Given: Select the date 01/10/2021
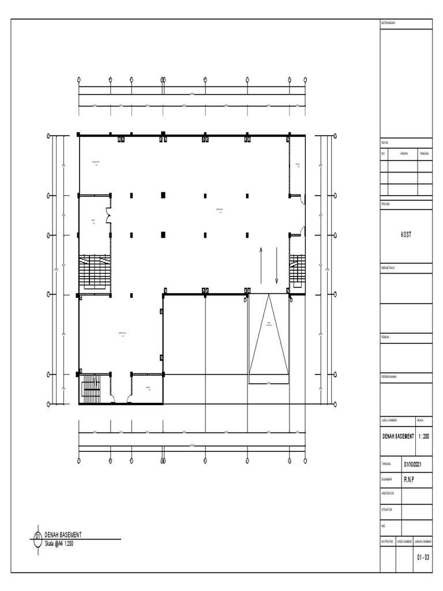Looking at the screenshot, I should [416, 463].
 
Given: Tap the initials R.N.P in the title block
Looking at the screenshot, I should [410, 479].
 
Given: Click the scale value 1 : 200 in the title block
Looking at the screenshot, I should [423, 437].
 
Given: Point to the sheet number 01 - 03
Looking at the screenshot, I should [423, 558].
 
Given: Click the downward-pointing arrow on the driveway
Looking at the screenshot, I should [277, 265].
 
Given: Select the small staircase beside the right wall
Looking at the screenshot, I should [297, 270].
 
